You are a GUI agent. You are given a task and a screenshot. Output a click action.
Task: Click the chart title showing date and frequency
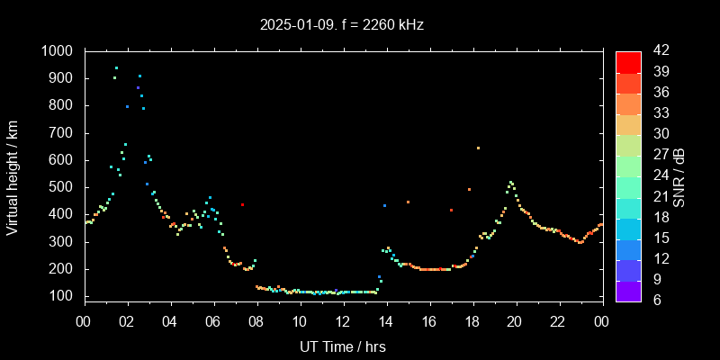point(340,25)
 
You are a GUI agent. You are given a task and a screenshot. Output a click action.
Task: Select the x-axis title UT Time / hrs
point(342,346)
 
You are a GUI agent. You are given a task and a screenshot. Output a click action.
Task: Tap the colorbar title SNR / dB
point(679,175)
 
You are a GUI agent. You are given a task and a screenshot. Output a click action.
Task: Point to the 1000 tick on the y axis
point(59,51)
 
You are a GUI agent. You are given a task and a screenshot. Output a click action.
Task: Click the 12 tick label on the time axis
point(343,322)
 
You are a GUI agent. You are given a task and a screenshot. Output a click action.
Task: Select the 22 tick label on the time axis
point(558,322)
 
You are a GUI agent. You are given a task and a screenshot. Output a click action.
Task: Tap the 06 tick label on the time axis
point(213,322)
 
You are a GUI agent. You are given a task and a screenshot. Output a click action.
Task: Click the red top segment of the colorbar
point(628,61)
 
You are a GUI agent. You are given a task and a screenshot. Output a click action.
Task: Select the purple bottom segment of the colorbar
point(628,290)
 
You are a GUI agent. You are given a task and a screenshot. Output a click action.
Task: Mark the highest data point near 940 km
point(116,67)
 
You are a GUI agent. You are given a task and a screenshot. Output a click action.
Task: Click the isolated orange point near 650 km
point(478,148)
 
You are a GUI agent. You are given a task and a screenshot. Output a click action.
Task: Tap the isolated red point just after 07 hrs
point(242,204)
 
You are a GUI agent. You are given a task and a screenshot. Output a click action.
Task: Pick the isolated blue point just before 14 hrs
point(384,205)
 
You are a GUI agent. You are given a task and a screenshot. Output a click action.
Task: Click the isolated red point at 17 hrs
point(451,210)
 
